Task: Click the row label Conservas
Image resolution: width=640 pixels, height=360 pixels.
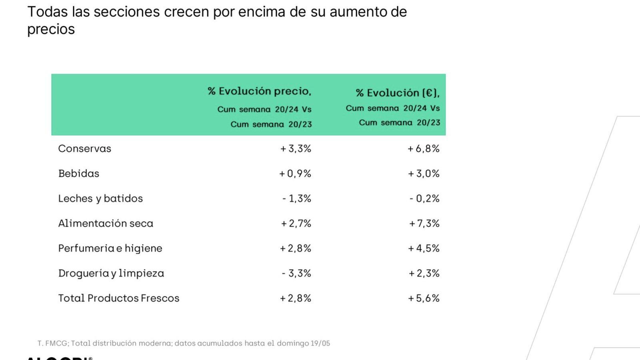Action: point(84,149)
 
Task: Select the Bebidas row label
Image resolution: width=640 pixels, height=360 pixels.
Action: point(78,174)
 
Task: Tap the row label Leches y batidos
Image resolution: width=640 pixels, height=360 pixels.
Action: point(100,198)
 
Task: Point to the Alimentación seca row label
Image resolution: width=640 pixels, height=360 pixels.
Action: point(106,223)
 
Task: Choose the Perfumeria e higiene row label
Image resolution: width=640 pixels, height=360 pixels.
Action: point(110,248)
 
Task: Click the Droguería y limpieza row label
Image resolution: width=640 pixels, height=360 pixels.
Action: point(111,273)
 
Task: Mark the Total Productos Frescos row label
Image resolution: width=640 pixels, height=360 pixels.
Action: point(118,298)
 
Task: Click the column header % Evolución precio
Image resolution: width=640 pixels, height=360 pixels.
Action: point(259,91)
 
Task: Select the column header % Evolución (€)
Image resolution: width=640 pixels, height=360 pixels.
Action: point(397,93)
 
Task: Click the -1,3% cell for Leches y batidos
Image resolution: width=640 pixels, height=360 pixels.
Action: point(296,198)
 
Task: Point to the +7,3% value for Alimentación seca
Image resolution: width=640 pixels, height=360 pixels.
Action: point(424,223)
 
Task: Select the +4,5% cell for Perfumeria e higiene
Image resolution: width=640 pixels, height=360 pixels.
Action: point(424,248)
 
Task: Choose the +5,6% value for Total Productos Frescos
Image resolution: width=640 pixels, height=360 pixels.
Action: point(424,298)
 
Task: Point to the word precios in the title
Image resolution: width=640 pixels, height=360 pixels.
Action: point(51,30)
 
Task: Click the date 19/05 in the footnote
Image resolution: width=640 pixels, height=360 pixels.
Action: point(320,343)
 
